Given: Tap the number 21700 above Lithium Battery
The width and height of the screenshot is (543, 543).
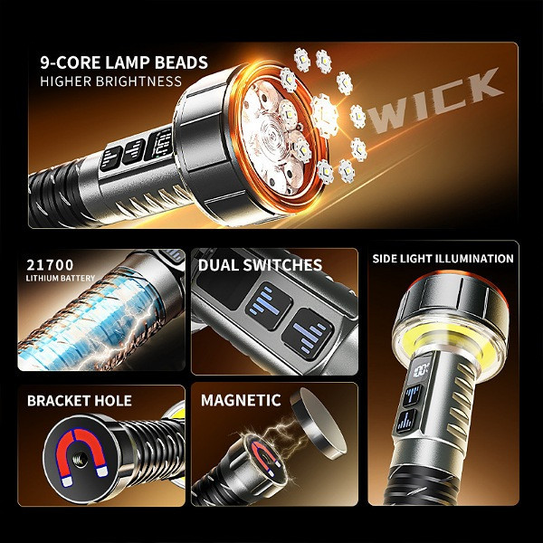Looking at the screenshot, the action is pyautogui.click(x=50, y=265).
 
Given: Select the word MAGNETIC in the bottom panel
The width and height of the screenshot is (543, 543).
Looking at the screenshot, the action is pyautogui.click(x=241, y=400).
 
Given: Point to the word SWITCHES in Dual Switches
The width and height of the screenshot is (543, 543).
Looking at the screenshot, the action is pyautogui.click(x=282, y=265).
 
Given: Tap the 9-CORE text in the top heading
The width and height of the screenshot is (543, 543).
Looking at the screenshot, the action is pyautogui.click(x=70, y=62).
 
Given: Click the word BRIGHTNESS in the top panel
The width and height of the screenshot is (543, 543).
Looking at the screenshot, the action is pyautogui.click(x=138, y=81).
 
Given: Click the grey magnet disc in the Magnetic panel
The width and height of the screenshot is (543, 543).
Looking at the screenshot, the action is pyautogui.click(x=318, y=423).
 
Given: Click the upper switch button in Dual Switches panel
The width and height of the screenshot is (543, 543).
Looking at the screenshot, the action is pyautogui.click(x=269, y=306).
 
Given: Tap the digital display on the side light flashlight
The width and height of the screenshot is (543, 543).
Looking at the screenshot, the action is pyautogui.click(x=419, y=369).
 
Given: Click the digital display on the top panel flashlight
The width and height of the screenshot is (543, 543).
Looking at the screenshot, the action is pyautogui.click(x=159, y=144).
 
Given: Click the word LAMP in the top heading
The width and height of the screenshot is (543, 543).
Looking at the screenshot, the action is pyautogui.click(x=127, y=62).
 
